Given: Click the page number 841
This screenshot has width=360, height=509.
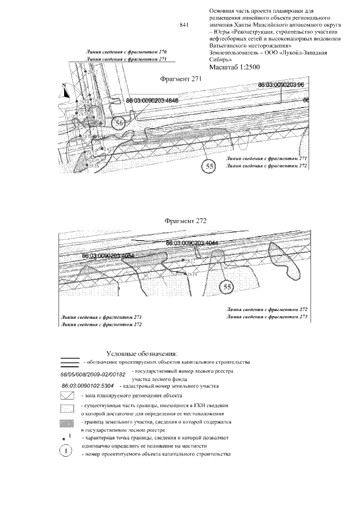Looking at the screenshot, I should pyautogui.click(x=183, y=25).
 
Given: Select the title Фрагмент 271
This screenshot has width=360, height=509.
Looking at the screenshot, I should pyautogui.click(x=181, y=79).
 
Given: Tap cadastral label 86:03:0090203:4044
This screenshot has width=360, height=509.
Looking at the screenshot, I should pyautogui.click(x=192, y=243).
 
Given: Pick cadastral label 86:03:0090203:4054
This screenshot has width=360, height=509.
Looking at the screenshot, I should pyautogui.click(x=108, y=255).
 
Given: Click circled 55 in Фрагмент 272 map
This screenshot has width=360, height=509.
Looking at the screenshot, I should pyautogui.click(x=227, y=287).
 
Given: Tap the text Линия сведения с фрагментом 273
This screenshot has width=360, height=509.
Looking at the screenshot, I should pyautogui.click(x=267, y=317).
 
